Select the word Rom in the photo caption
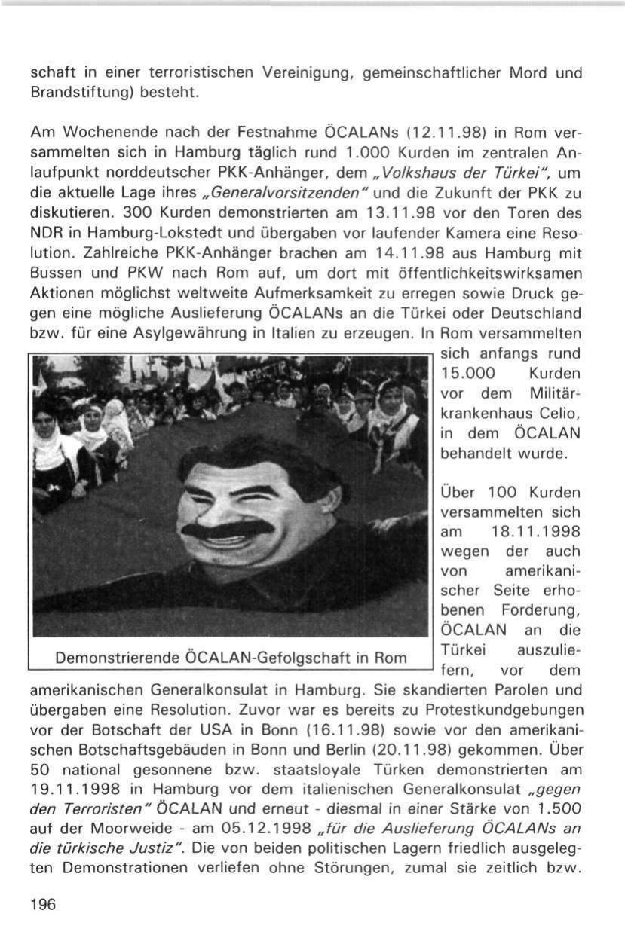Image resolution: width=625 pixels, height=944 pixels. pos(391,657)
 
